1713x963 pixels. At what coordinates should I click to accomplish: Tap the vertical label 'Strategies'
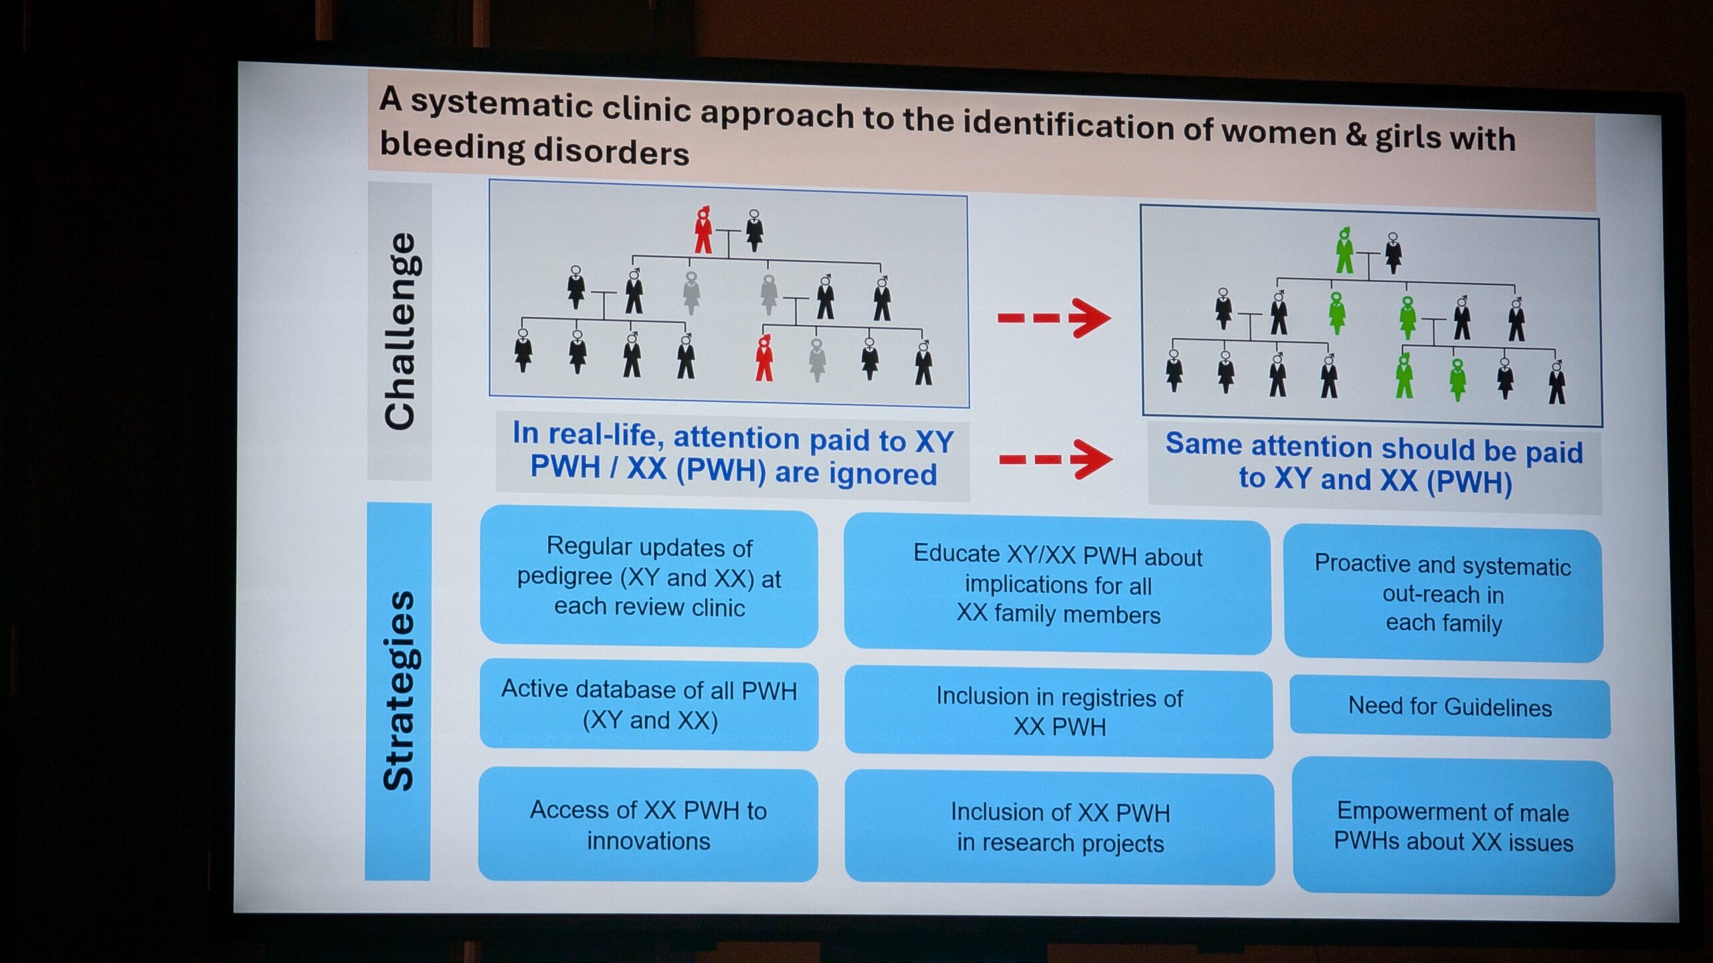coord(399,691)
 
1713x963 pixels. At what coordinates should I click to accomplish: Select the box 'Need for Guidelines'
coord(1449,707)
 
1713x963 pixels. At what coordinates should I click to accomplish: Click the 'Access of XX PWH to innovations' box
coord(648,825)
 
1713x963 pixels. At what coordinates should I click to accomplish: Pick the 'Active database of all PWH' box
coord(649,705)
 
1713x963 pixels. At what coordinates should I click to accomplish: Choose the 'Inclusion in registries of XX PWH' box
coord(1059,712)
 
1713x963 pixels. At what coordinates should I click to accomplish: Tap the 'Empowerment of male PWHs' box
coord(1453,827)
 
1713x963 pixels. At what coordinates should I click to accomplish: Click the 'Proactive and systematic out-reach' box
coord(1443,593)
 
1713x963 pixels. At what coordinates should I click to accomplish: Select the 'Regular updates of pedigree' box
coord(649,577)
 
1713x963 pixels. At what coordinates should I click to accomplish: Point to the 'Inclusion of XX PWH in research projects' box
coord(1060,828)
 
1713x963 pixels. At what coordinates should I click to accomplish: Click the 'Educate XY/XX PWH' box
coord(1057,584)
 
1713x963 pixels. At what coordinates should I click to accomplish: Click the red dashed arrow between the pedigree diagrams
coord(1055,318)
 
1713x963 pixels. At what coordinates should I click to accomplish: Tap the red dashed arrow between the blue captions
coord(1056,459)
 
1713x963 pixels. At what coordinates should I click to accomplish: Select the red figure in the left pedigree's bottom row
coord(764,358)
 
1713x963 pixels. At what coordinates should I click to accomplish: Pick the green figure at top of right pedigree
coord(1344,250)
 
